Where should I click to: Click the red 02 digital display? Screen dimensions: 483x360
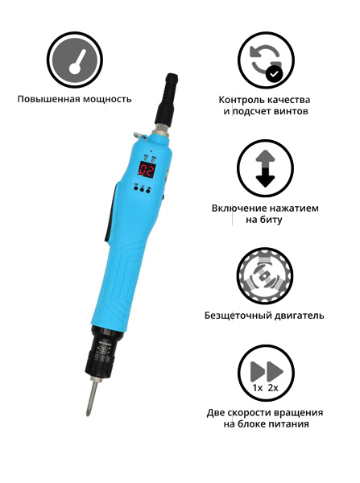(147, 169)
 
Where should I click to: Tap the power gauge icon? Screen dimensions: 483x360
(74, 60)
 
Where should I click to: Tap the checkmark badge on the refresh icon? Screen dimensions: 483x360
(275, 75)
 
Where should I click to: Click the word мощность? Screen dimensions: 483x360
(104, 99)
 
